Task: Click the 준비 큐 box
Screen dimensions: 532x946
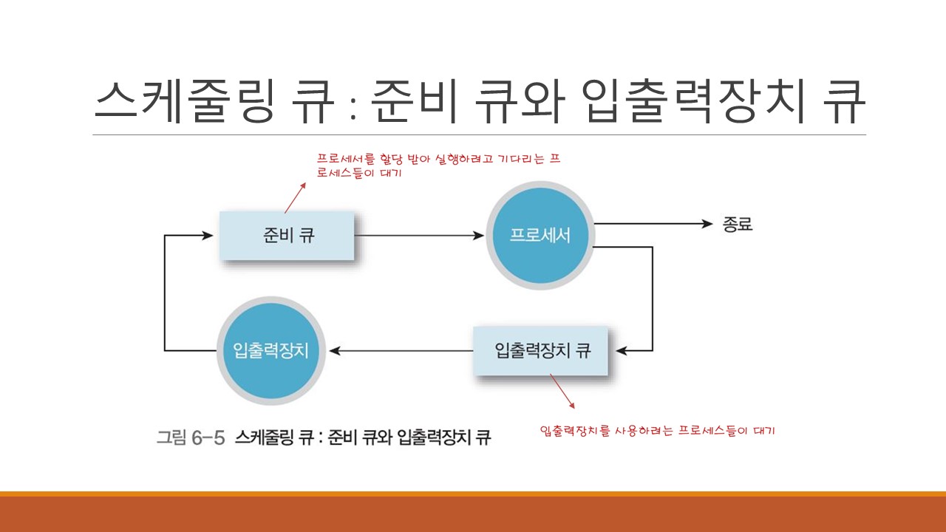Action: (x=287, y=236)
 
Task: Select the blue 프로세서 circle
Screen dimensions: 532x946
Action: (x=540, y=236)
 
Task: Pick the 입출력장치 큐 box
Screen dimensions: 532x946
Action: (x=542, y=350)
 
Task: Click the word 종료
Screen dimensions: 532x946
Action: (x=737, y=224)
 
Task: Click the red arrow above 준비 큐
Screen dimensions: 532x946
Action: (x=296, y=197)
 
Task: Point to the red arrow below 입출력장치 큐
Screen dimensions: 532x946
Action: (x=562, y=391)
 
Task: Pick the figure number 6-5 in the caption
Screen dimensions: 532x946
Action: (x=207, y=437)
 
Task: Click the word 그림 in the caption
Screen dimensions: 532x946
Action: (x=171, y=437)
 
